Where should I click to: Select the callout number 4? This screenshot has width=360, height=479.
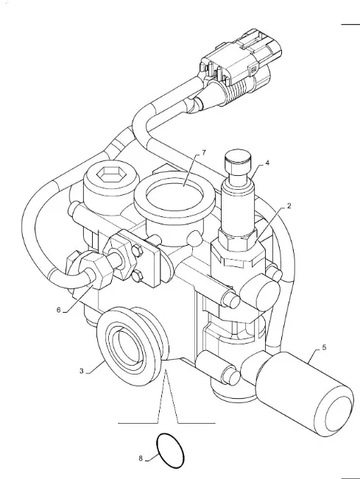(267, 163)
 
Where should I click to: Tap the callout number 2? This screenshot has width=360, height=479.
(289, 206)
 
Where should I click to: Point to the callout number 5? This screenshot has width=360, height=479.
(324, 347)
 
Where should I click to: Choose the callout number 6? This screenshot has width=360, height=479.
(59, 310)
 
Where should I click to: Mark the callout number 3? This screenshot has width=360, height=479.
(81, 371)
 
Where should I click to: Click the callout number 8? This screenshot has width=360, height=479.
(141, 458)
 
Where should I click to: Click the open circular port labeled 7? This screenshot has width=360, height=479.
(174, 195)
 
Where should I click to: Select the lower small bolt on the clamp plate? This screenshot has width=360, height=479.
(137, 277)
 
